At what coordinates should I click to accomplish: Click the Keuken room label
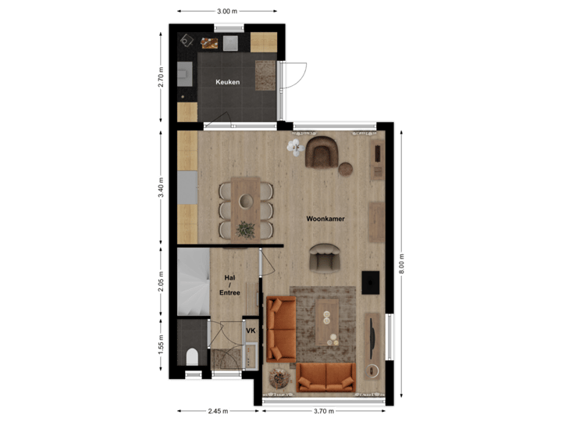pyautogui.click(x=227, y=82)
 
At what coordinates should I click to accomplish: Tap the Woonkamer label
pyautogui.click(x=325, y=219)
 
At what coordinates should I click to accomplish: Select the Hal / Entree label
pyautogui.click(x=229, y=284)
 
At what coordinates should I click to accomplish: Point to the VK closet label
pyautogui.click(x=251, y=331)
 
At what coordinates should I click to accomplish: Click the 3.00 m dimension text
pyautogui.click(x=226, y=11)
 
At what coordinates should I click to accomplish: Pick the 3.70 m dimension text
pyautogui.click(x=324, y=411)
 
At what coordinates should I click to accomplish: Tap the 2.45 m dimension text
pyautogui.click(x=216, y=411)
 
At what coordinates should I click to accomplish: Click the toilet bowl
pyautogui.click(x=191, y=356)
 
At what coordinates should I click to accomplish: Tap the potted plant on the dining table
pyautogui.click(x=246, y=229)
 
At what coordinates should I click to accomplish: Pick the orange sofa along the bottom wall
pyautogui.click(x=326, y=377)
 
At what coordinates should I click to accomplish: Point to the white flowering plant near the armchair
pyautogui.click(x=294, y=146)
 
